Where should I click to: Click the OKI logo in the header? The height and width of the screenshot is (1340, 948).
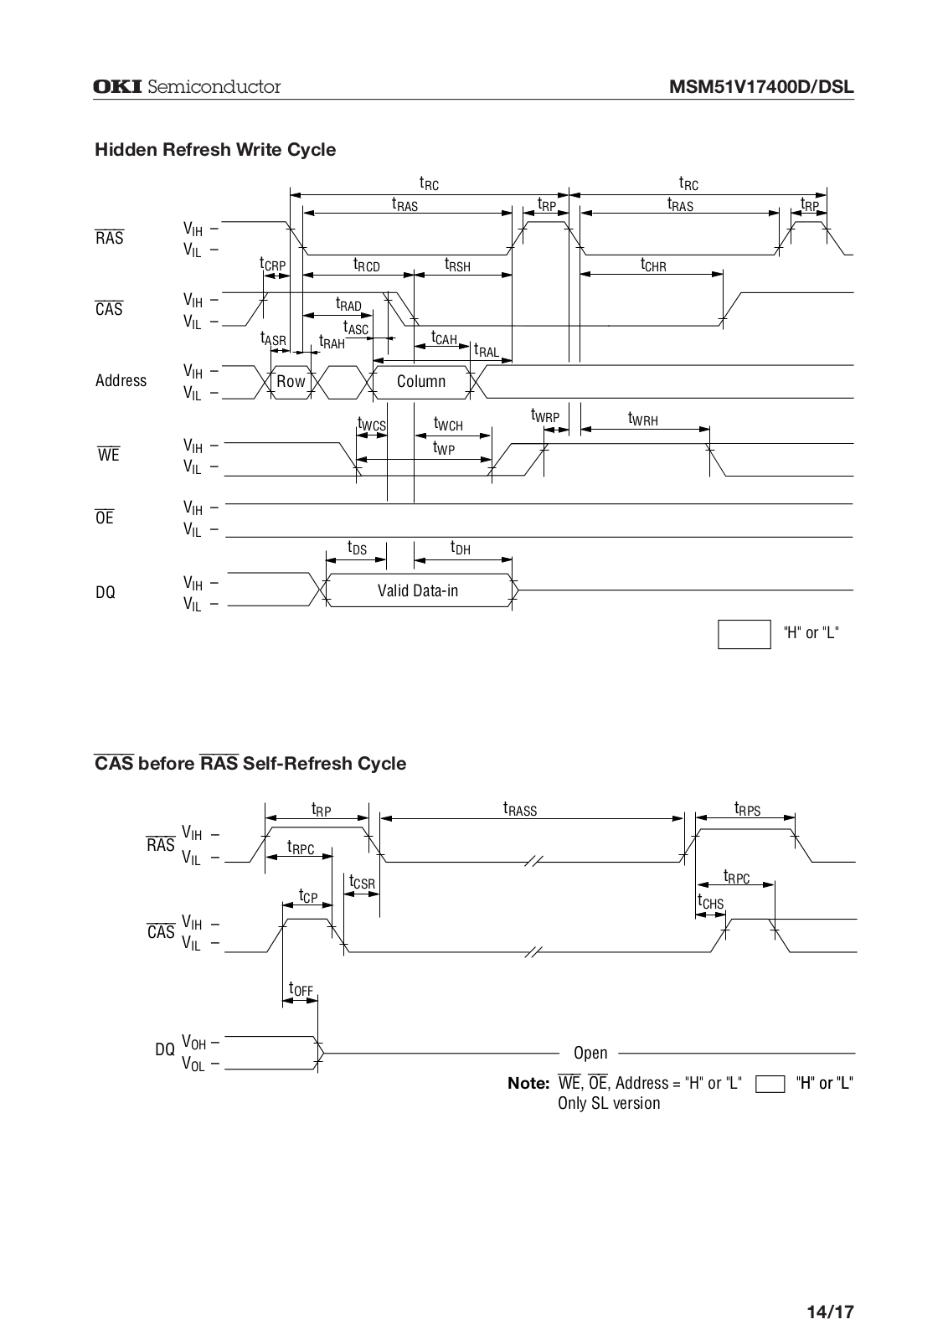click(117, 87)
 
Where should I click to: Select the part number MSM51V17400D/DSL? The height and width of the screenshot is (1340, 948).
click(761, 87)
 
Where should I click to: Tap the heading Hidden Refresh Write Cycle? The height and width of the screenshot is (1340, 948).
click(215, 150)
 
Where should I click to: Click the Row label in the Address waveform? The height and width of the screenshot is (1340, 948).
click(291, 382)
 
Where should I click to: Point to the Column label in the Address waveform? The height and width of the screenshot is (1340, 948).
click(421, 382)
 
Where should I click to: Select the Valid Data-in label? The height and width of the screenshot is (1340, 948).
click(418, 591)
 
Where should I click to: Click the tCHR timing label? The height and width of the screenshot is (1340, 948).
click(653, 265)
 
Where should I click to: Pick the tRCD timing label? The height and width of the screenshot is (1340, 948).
click(366, 265)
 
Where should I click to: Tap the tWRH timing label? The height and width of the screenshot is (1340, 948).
click(643, 419)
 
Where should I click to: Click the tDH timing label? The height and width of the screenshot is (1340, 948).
click(460, 548)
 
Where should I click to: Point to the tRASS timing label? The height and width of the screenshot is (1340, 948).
click(520, 809)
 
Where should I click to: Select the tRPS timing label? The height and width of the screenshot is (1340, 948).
click(748, 809)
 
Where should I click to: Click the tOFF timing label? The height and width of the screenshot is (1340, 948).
click(301, 989)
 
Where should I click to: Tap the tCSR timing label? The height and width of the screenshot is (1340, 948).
click(362, 883)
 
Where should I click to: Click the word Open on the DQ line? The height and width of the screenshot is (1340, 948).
click(590, 1053)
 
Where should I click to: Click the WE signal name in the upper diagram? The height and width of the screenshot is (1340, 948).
click(108, 455)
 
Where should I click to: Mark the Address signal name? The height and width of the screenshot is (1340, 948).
click(121, 380)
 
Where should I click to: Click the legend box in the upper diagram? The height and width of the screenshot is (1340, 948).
click(744, 634)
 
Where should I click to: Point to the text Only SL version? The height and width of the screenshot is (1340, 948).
click(609, 1103)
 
